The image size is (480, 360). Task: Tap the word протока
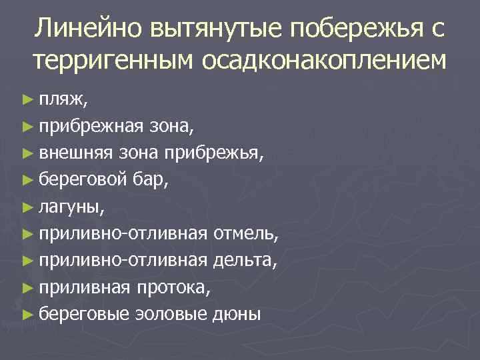point(176,288)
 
